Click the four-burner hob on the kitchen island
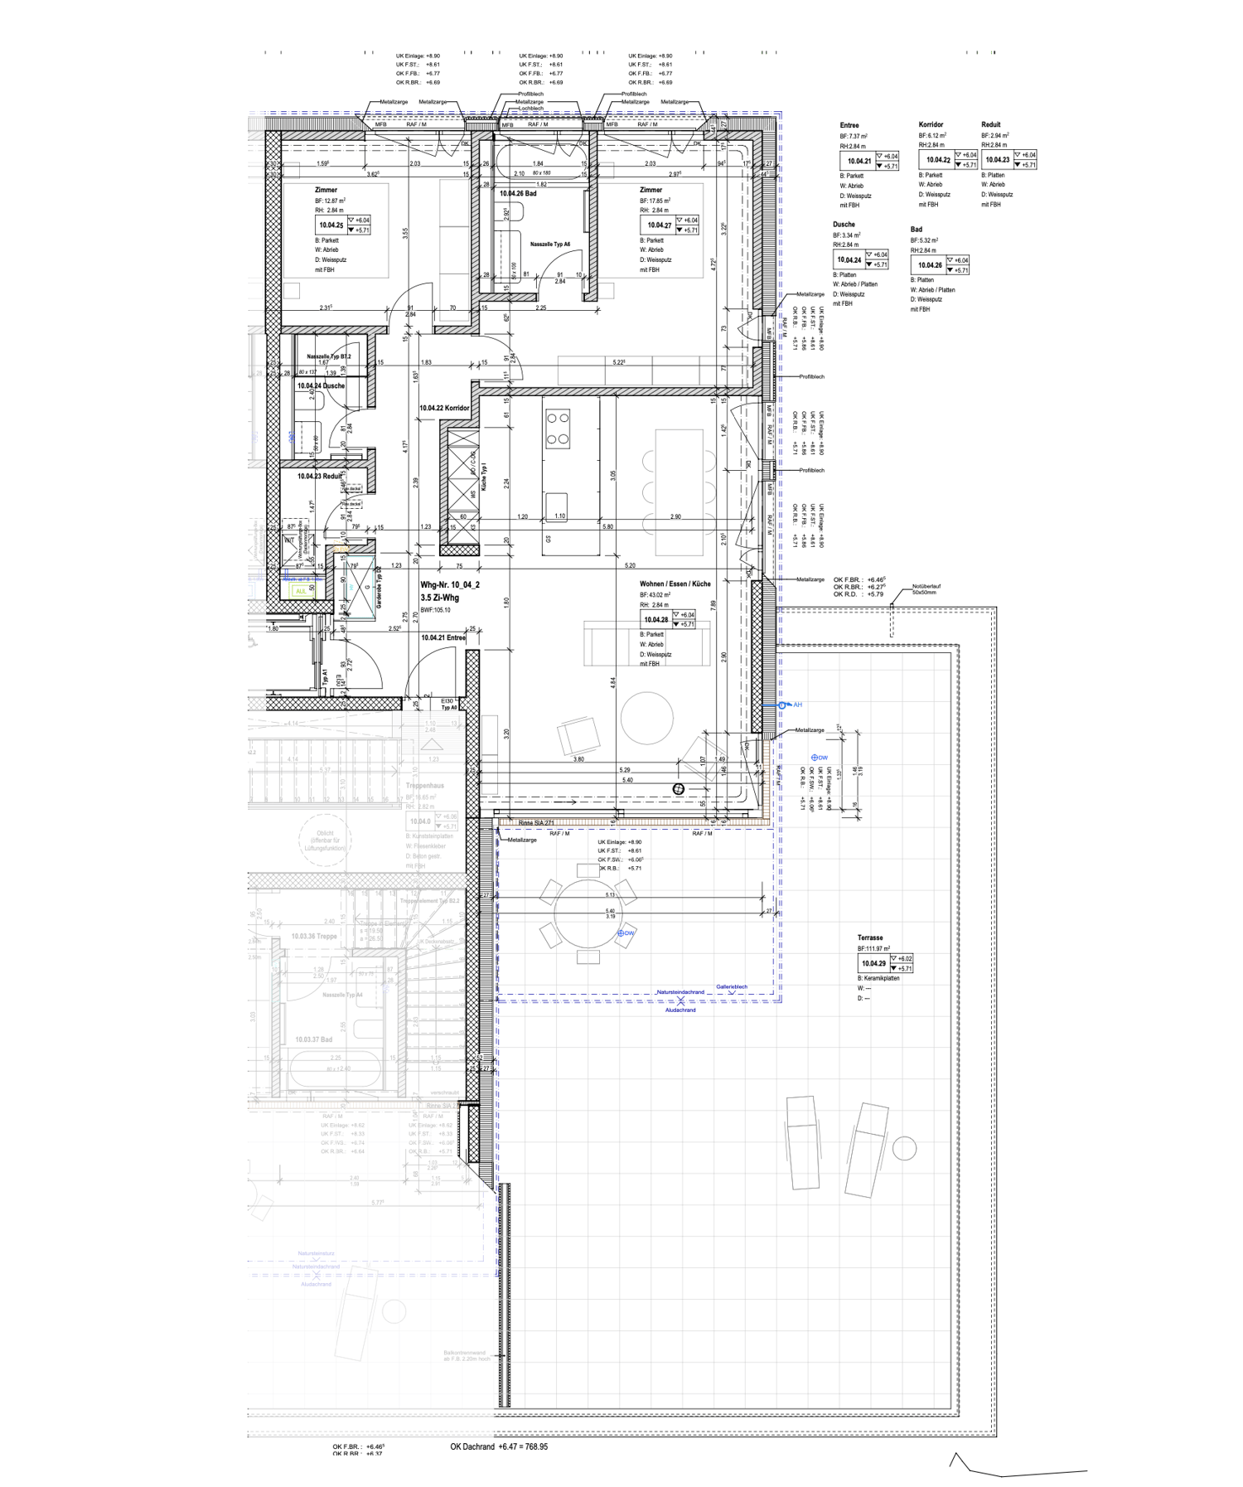point(558,429)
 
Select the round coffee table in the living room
point(646,718)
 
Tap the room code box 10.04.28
point(655,619)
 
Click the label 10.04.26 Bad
point(517,193)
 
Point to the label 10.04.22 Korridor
point(444,408)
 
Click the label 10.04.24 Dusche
point(321,385)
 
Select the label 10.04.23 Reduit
point(319,476)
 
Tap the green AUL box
point(300,590)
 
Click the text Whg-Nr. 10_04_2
point(450,584)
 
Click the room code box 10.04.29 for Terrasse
point(873,963)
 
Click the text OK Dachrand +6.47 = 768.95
point(499,1446)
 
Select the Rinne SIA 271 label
point(535,823)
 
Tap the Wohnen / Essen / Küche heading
point(675,584)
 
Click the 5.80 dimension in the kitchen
point(608,526)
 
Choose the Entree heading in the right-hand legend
point(849,125)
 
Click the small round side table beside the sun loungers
point(904,1148)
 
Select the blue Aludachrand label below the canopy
point(680,1010)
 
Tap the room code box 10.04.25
point(331,225)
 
